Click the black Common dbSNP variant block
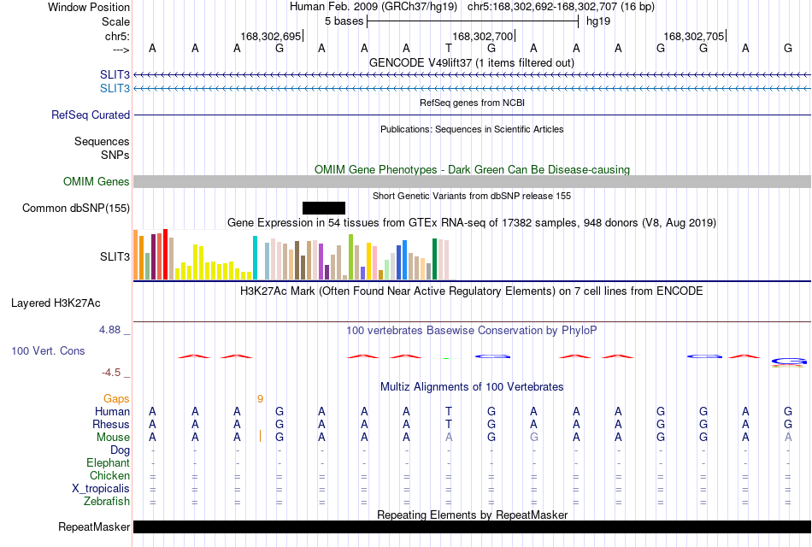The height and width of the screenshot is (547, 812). (324, 209)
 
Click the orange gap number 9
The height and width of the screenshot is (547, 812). (260, 399)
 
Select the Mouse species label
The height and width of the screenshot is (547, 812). (113, 438)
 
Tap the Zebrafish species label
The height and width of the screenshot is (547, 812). (107, 502)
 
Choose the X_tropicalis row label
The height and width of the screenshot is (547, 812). (101, 489)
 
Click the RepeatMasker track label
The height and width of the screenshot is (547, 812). (94, 526)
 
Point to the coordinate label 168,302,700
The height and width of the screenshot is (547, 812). (482, 36)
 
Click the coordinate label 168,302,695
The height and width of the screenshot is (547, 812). (270, 36)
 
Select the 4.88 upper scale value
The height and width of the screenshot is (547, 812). (109, 330)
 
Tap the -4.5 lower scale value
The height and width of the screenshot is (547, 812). (111, 373)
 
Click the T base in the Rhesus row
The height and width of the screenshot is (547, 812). (449, 424)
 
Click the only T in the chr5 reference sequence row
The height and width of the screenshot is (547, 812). (449, 48)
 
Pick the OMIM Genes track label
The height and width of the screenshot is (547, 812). (97, 181)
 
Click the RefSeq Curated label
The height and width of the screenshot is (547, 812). (91, 115)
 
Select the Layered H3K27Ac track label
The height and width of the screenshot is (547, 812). (56, 303)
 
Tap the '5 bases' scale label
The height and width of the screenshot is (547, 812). (344, 21)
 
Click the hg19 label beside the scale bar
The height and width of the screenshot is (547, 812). (598, 21)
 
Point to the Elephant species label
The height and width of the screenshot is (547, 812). (109, 462)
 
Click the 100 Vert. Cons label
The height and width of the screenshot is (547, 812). (48, 350)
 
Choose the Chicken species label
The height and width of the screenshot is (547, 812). (109, 475)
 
